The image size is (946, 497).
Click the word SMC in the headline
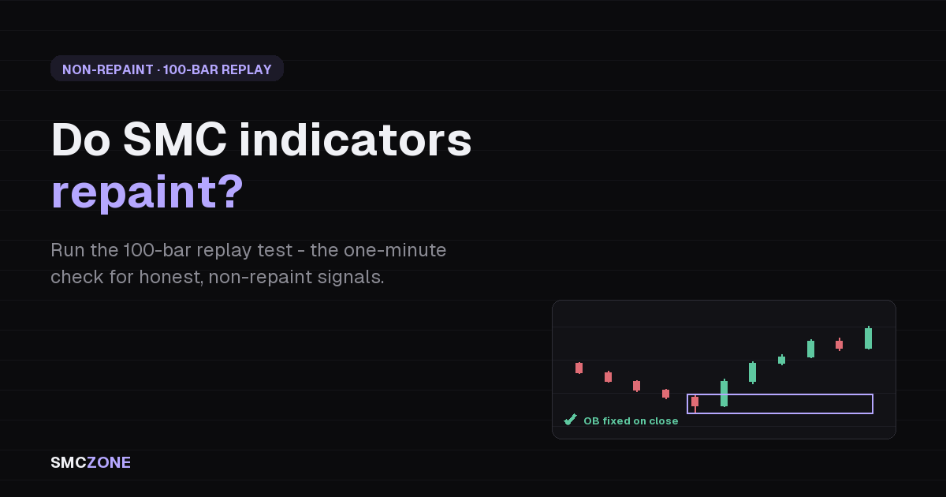point(175,140)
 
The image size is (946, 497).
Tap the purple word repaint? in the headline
point(147,193)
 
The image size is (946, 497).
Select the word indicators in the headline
point(356,140)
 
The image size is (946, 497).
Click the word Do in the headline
point(80,140)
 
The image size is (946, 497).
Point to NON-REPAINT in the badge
point(108,69)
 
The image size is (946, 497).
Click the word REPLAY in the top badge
point(246,69)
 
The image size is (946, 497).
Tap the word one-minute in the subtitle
point(395,250)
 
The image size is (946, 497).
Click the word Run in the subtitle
point(68,250)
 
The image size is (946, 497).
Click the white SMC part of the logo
point(69,462)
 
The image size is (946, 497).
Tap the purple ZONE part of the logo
point(109,462)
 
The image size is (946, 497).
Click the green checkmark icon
point(570,420)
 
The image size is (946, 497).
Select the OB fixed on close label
point(631,421)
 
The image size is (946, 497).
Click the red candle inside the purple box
point(695,402)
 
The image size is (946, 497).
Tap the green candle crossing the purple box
point(724,393)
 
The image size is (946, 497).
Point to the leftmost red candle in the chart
point(579,368)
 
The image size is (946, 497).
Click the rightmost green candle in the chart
point(868,338)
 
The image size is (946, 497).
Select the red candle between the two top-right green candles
point(839,345)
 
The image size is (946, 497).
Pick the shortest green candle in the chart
point(782,360)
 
